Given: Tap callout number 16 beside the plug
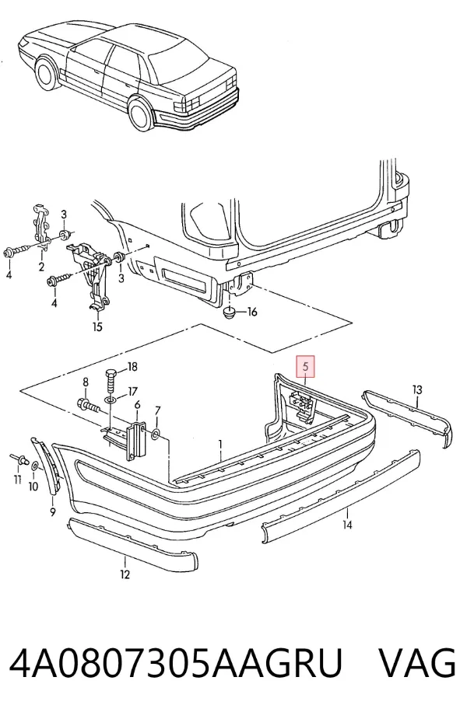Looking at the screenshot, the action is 252,312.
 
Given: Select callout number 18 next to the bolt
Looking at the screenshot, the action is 132,367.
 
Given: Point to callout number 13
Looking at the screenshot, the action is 417,390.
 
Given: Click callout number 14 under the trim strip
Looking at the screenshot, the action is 347,525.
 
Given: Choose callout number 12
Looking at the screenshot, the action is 125,574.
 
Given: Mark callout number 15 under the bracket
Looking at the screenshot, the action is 97,327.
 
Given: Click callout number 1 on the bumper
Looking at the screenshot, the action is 220,444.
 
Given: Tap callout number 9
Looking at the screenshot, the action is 53,511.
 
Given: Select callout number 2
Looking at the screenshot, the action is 41,267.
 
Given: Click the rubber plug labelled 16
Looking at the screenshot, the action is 228,314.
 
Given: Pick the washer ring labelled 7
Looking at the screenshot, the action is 156,434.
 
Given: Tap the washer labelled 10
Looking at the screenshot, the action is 35,466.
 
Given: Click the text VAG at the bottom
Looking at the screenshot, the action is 416,662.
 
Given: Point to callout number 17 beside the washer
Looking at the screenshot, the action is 132,392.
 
